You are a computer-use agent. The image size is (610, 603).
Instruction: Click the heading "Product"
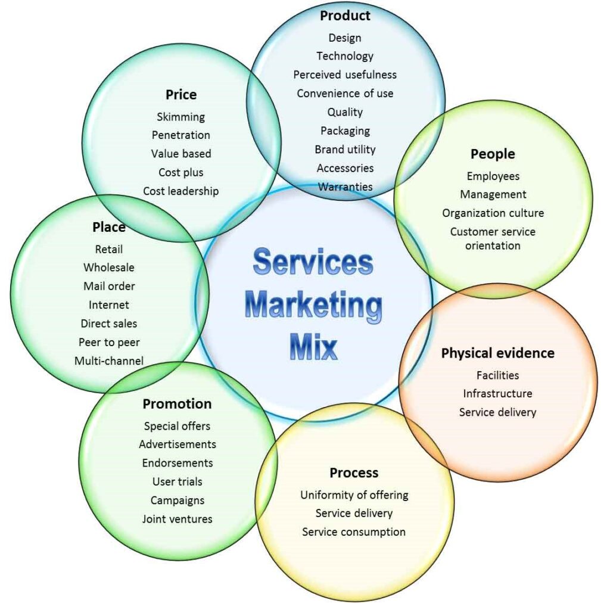[x=345, y=15]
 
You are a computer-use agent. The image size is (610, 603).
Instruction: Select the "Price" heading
[x=181, y=94]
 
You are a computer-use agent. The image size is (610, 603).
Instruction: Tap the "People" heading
[x=493, y=154]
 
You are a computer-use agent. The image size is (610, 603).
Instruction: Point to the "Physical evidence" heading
[x=497, y=353]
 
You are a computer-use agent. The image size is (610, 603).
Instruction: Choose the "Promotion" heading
[x=177, y=404]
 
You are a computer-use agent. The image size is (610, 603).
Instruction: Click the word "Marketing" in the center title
[x=314, y=304]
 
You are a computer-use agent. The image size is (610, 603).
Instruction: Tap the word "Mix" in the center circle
[x=314, y=347]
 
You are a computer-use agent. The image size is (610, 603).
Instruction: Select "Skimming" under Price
[x=181, y=117]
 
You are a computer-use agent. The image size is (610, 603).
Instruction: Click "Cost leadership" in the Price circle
[x=181, y=191]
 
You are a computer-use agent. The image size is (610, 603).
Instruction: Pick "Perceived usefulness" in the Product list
[x=345, y=74]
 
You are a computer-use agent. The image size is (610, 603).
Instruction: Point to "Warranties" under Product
[x=345, y=187]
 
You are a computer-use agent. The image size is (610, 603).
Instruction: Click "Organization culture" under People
[x=493, y=213]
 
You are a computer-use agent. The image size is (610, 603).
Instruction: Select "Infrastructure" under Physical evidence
[x=497, y=393]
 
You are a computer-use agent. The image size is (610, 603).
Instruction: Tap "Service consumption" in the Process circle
[x=354, y=531]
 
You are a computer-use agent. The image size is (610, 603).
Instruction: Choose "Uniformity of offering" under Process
[x=354, y=495]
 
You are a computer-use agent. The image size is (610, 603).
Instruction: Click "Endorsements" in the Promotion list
[x=177, y=463]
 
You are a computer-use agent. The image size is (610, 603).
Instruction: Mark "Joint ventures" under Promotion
[x=177, y=519]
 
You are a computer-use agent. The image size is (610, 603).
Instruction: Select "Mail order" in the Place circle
[x=109, y=286]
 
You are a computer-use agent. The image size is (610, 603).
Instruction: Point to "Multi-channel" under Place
[x=109, y=360]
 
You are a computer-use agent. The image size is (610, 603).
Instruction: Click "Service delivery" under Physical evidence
[x=497, y=412]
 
